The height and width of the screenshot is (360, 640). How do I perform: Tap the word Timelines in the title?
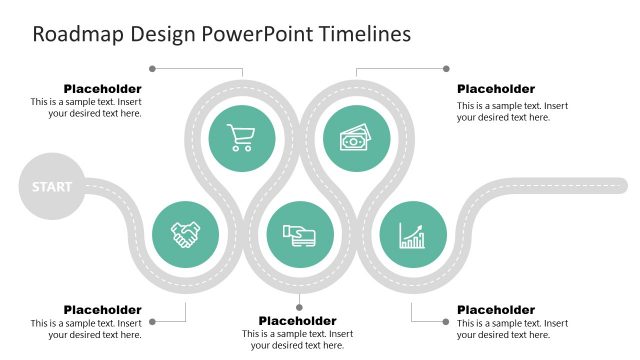[365, 34]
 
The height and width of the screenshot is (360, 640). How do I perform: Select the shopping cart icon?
[242, 138]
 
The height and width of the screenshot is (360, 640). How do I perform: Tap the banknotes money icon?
[356, 138]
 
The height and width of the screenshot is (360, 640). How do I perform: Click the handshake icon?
[185, 235]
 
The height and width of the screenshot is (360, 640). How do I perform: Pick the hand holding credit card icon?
[299, 235]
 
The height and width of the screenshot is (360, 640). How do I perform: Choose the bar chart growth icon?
[413, 235]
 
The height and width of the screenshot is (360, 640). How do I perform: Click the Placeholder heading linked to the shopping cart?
[102, 89]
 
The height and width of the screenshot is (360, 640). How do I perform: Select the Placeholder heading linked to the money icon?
[496, 89]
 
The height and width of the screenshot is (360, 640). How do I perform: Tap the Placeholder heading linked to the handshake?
[102, 310]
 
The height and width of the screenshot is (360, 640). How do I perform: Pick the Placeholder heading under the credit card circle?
[297, 321]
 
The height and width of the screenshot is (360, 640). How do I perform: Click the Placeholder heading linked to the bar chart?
[496, 310]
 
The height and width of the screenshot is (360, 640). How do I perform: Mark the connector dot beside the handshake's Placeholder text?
[152, 321]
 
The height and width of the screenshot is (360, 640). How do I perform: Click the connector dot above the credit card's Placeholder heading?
[299, 306]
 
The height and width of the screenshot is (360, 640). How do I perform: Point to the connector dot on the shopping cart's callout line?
[152, 69]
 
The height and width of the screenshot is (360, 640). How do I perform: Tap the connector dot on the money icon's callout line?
[446, 69]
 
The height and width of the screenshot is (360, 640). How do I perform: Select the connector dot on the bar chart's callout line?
[446, 321]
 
